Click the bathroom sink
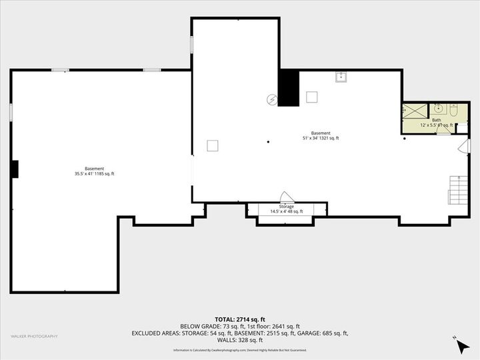click(x=439, y=108)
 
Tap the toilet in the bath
click(x=453, y=109)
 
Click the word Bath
click(x=436, y=120)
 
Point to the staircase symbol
click(x=457, y=190)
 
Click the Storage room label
click(x=286, y=207)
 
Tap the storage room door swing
click(x=287, y=197)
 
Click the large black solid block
click(x=288, y=88)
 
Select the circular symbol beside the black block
click(x=271, y=99)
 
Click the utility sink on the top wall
click(x=341, y=77)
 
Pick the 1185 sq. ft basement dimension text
click(x=95, y=174)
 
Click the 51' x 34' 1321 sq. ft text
click(x=321, y=138)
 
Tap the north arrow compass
click(x=461, y=344)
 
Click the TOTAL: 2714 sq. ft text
click(x=239, y=319)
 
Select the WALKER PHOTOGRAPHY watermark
click(x=34, y=336)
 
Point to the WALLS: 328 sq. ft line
click(x=239, y=340)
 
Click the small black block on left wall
click(x=14, y=169)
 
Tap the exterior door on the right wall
click(x=468, y=145)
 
